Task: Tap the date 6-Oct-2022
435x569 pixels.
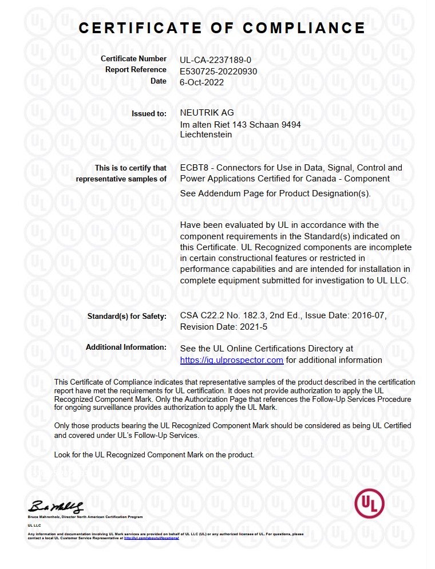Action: tap(201, 82)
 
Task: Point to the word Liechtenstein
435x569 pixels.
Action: tap(205, 135)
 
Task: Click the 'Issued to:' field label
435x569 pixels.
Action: tap(149, 113)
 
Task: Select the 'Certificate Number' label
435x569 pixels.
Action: tap(133, 59)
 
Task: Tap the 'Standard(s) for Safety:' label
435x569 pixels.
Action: tap(126, 316)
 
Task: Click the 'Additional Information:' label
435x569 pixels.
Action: tap(126, 347)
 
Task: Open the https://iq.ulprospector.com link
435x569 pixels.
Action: tap(231, 360)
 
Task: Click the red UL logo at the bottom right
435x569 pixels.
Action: tap(369, 503)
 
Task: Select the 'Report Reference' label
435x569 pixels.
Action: tap(136, 70)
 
